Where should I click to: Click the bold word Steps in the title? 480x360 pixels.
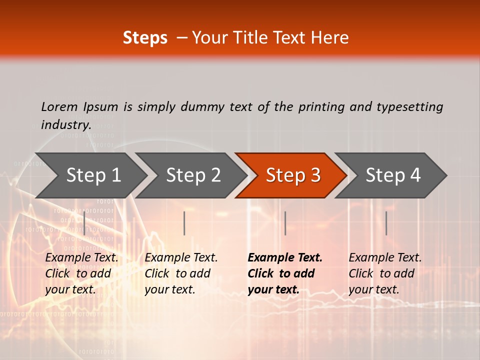pyautogui.click(x=145, y=38)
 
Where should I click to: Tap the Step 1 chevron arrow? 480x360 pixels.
pyautogui.click(x=93, y=175)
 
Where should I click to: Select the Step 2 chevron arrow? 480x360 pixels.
pyautogui.click(x=193, y=175)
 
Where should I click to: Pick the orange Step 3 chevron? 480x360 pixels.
pyautogui.click(x=293, y=175)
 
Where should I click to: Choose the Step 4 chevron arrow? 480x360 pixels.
pyautogui.click(x=393, y=175)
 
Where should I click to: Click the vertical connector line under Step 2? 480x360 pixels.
pyautogui.click(x=184, y=223)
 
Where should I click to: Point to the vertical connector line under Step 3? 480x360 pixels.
pyautogui.click(x=285, y=223)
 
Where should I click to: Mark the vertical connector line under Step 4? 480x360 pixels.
pyautogui.click(x=386, y=223)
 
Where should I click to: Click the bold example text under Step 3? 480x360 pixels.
pyautogui.click(x=285, y=273)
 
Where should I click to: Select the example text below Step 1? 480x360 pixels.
pyautogui.click(x=81, y=273)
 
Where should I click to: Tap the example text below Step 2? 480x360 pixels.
pyautogui.click(x=181, y=273)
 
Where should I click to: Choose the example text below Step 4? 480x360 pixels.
pyautogui.click(x=385, y=273)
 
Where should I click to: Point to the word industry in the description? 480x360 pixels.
pyautogui.click(x=65, y=124)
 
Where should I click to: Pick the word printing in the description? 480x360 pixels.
pyautogui.click(x=321, y=106)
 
